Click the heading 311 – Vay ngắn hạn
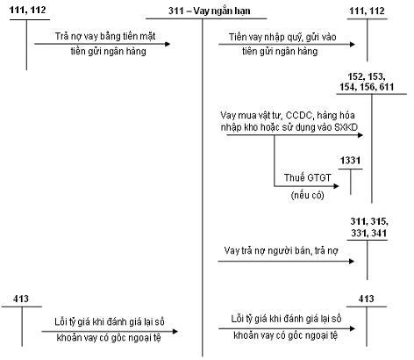point(210,11)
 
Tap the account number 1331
point(350,161)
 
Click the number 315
point(379,221)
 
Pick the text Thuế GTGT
point(308,177)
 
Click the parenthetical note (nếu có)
point(308,195)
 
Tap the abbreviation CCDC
point(299,115)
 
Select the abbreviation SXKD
point(346,127)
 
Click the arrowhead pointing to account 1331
point(336,186)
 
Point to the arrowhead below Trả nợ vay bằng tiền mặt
point(168,44)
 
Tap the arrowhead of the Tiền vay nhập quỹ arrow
point(353,45)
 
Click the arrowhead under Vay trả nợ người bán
point(352,261)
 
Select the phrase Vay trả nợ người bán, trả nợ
point(281,251)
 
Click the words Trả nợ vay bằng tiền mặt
point(105,36)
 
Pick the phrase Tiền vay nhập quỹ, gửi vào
point(282,37)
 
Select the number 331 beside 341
point(358,233)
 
